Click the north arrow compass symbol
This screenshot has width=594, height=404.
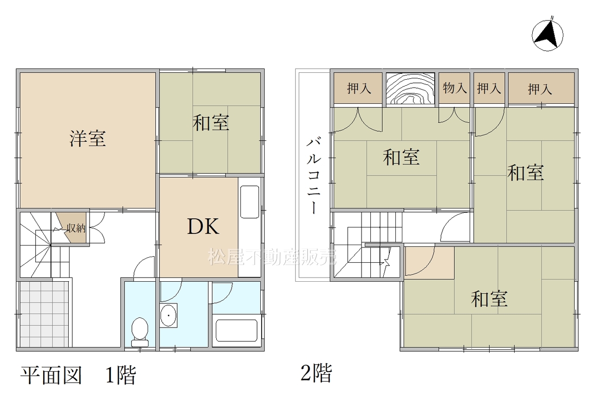click(x=547, y=36)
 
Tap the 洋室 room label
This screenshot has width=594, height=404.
click(x=88, y=138)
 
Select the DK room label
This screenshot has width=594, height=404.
click(x=203, y=227)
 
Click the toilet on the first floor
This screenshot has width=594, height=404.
click(x=140, y=332)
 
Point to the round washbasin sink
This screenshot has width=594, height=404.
click(x=168, y=316)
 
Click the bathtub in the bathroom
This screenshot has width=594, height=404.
click(x=236, y=331)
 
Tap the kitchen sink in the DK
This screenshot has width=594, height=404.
click(x=250, y=202)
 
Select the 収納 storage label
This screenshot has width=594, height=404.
click(x=76, y=228)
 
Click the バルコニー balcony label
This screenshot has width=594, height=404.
click(x=314, y=176)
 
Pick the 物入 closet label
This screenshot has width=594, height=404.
click(x=455, y=88)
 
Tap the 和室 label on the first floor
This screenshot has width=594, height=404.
click(x=211, y=123)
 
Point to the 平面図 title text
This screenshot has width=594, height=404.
click(x=51, y=375)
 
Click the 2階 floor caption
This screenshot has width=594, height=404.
click(x=316, y=373)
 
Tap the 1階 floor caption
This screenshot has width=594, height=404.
click(x=121, y=375)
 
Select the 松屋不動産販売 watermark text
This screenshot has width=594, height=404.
click(x=272, y=257)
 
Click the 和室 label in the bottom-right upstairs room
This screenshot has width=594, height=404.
click(x=489, y=299)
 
